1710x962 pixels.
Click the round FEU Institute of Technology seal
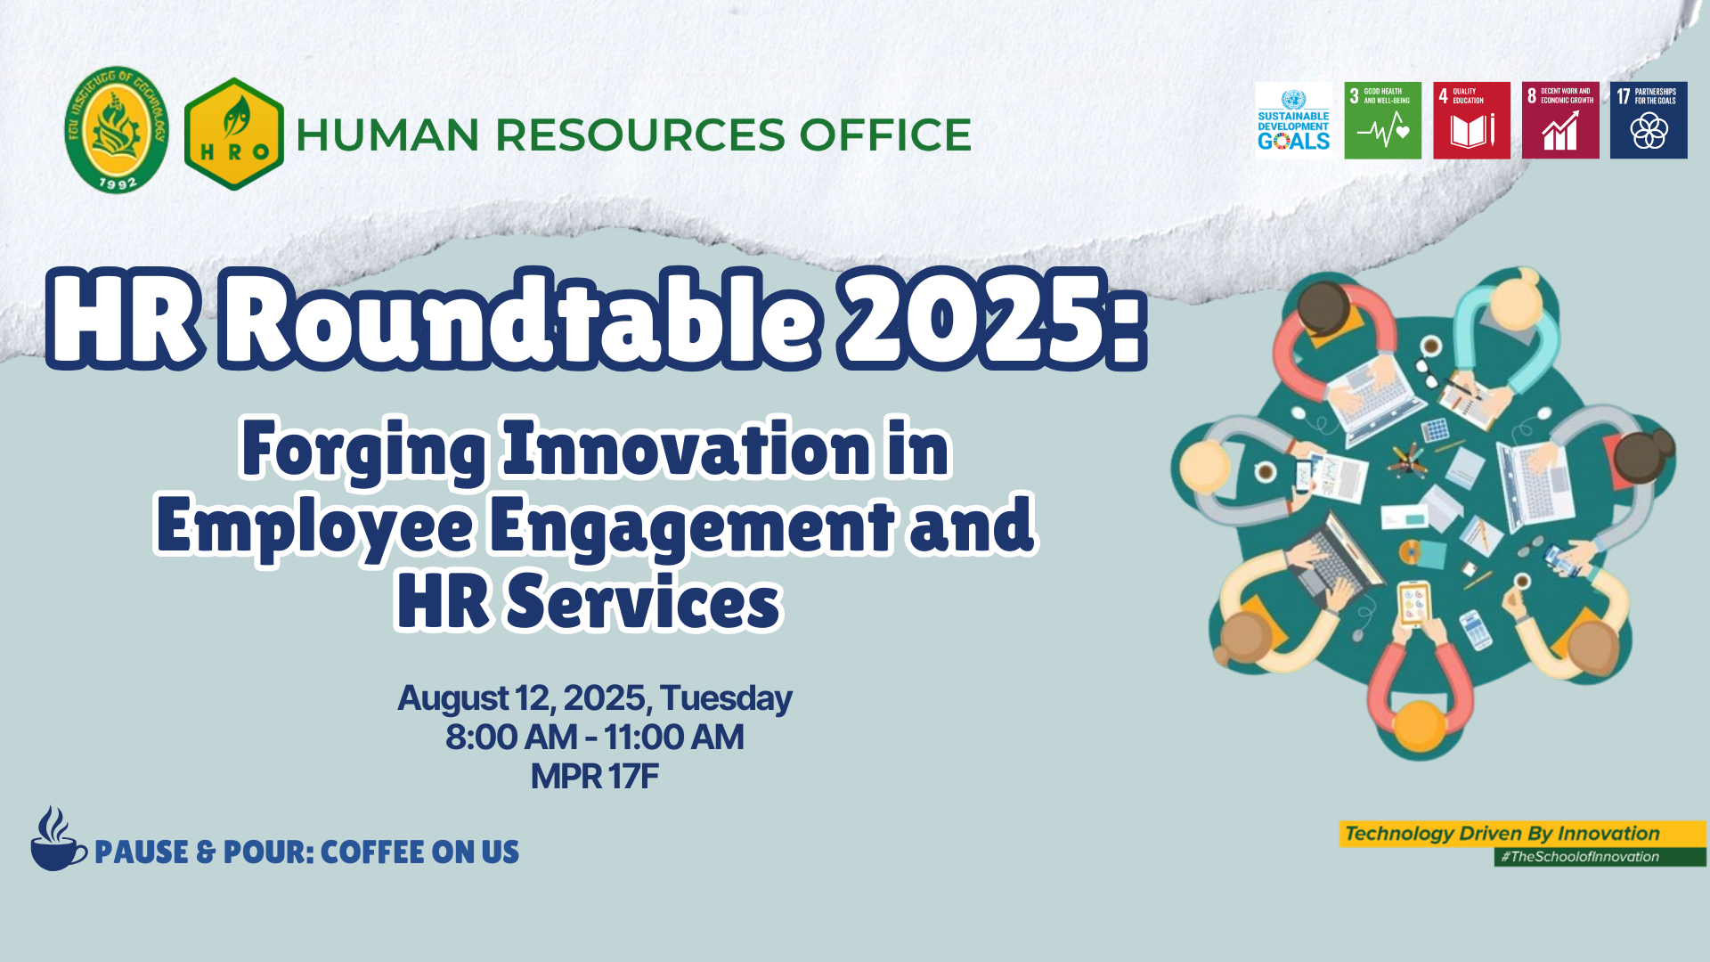(x=117, y=130)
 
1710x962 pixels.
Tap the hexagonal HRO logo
(x=234, y=135)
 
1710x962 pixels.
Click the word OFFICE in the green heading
(x=885, y=135)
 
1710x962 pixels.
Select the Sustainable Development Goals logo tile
(x=1293, y=120)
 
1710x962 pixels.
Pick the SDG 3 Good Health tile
(x=1382, y=120)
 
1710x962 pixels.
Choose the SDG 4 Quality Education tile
(x=1471, y=120)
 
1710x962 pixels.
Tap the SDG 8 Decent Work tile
(x=1560, y=120)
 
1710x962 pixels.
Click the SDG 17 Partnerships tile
(x=1649, y=120)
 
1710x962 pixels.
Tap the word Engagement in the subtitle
(x=692, y=527)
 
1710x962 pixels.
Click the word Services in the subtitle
(x=643, y=602)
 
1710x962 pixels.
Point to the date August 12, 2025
(x=523, y=698)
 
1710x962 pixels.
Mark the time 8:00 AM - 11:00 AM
(x=594, y=738)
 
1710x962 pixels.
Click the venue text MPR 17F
(x=594, y=777)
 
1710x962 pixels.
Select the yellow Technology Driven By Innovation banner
(x=1522, y=834)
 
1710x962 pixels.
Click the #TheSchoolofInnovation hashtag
(x=1580, y=857)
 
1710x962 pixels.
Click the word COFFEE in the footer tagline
(x=371, y=852)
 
